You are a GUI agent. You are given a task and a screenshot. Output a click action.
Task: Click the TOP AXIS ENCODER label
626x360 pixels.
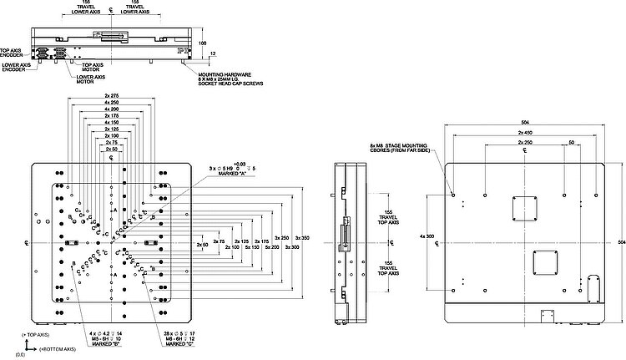coord(11,52)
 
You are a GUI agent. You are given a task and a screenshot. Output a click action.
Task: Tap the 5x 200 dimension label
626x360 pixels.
coord(271,247)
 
